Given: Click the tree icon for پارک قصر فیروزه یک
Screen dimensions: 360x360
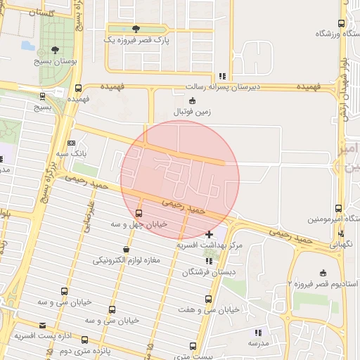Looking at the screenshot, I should [136, 29].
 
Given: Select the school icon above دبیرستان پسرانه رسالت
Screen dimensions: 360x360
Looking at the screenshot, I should [222, 75].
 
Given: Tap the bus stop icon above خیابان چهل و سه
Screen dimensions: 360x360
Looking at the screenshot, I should [138, 213].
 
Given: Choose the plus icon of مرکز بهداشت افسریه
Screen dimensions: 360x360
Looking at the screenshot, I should [209, 233].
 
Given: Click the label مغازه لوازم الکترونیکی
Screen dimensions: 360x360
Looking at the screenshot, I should [127, 260].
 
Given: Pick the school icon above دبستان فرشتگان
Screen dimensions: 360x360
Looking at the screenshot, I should [207, 260].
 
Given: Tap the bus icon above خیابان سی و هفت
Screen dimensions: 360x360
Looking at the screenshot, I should [207, 299].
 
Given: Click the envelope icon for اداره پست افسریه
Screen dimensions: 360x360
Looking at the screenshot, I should [43, 326].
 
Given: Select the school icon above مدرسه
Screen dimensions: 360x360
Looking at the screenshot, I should [258, 332].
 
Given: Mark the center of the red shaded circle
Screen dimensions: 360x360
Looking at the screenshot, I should [180, 179].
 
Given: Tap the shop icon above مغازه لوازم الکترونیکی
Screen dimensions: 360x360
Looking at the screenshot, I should [126, 249].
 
